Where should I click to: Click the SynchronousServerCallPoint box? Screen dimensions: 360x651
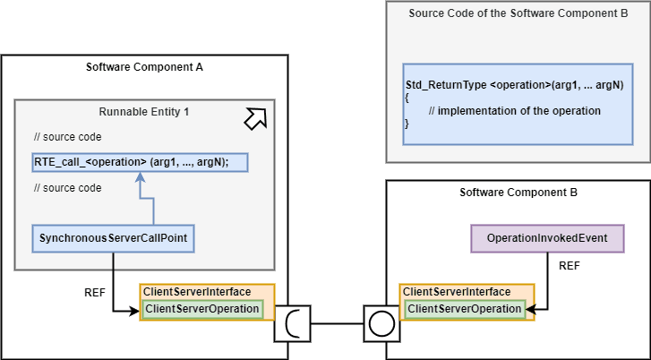[x=113, y=239]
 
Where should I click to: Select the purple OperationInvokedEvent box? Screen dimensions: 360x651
[x=546, y=238]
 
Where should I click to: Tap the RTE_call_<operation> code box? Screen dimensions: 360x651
[x=139, y=162]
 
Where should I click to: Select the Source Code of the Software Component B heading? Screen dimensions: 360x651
[x=518, y=13]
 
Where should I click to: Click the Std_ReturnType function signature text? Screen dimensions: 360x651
[x=514, y=84]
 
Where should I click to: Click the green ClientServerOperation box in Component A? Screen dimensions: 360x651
[x=201, y=309]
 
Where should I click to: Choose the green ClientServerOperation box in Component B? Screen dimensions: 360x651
[x=464, y=309]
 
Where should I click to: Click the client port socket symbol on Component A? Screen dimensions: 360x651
[x=292, y=322]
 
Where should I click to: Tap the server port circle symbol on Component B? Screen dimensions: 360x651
[x=381, y=322]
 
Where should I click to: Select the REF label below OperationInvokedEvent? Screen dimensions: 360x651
[x=569, y=266]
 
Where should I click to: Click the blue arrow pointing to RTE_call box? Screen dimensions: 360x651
[x=139, y=197]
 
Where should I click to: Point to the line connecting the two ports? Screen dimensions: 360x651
[x=337, y=322]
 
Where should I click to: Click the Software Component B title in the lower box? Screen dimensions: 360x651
[x=518, y=193]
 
